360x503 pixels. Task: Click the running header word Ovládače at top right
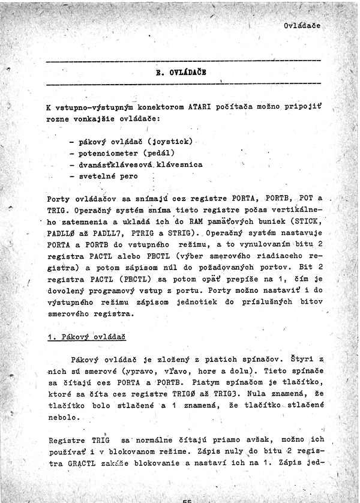pos(302,26)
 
